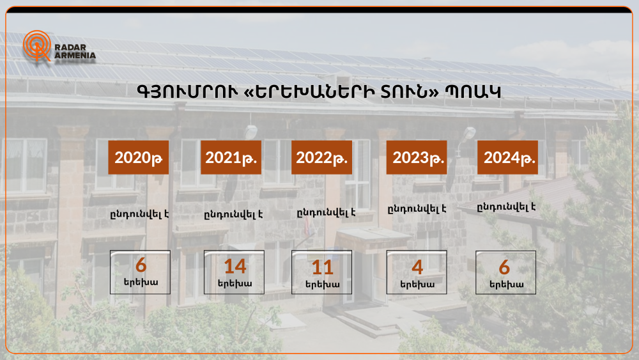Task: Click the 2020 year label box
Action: [139, 157]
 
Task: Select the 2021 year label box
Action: [231, 157]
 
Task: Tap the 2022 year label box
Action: [321, 157]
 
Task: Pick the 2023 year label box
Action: [417, 157]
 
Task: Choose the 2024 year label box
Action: [507, 157]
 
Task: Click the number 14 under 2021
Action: [235, 267]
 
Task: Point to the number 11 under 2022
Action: [322, 268]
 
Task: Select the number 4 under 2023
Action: [417, 267]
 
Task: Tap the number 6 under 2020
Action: [141, 265]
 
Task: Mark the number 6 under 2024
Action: [505, 268]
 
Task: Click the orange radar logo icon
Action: [36, 45]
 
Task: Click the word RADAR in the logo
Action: [70, 47]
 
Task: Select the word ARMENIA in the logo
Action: [75, 56]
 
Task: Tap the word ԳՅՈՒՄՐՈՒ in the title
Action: [187, 92]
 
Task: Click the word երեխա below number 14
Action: [235, 283]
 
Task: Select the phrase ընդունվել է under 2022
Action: [326, 212]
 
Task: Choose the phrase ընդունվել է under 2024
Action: [506, 207]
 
